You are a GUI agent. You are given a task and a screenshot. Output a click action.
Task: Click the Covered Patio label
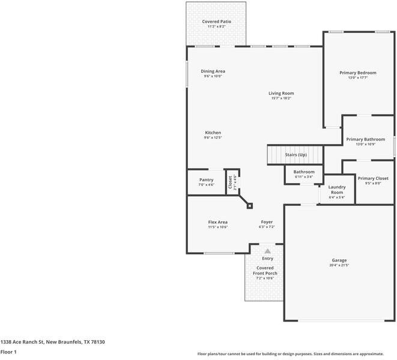pyautogui.click(x=216, y=22)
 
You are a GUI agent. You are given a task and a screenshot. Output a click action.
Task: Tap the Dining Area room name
pyautogui.click(x=213, y=71)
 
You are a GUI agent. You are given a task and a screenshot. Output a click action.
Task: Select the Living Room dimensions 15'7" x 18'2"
pyautogui.click(x=281, y=98)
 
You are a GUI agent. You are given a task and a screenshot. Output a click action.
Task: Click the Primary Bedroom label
pyautogui.click(x=357, y=73)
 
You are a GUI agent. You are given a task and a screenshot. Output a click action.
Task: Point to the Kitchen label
pyautogui.click(x=213, y=133)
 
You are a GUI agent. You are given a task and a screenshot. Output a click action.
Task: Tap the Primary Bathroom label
pyautogui.click(x=366, y=139)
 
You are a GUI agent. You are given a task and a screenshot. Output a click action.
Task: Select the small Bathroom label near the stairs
pyautogui.click(x=304, y=172)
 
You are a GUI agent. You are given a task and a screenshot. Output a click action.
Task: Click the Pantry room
pyautogui.click(x=206, y=180)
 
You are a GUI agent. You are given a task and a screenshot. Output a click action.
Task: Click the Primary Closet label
pyautogui.click(x=373, y=178)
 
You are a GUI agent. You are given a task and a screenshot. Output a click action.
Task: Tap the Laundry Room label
pyautogui.click(x=336, y=190)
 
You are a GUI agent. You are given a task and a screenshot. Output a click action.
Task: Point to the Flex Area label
pyautogui.click(x=217, y=222)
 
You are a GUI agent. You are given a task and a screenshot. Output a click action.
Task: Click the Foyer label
pyautogui.click(x=267, y=222)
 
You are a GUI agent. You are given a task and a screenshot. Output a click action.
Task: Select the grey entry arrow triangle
pyautogui.click(x=267, y=251)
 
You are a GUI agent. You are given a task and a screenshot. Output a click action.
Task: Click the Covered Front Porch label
pyautogui.click(x=265, y=271)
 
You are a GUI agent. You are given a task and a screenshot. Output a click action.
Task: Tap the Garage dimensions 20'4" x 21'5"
pyautogui.click(x=339, y=265)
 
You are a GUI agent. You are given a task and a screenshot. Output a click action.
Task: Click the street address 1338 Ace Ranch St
pyautogui.click(x=53, y=341)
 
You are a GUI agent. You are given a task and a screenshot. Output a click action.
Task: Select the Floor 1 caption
pyautogui.click(x=8, y=352)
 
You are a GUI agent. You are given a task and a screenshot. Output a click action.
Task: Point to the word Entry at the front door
pyautogui.click(x=267, y=259)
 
